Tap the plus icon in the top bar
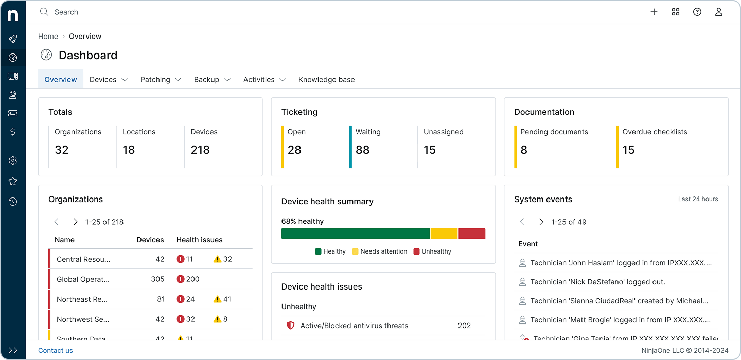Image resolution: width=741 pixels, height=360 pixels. pyautogui.click(x=654, y=12)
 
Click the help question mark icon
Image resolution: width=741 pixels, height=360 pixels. pyautogui.click(x=697, y=12)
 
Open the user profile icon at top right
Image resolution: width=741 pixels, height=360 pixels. pyautogui.click(x=719, y=12)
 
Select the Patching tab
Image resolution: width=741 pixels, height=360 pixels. pyautogui.click(x=161, y=79)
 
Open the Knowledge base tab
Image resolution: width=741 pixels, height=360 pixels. pyautogui.click(x=326, y=79)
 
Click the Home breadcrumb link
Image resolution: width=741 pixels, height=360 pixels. pyautogui.click(x=48, y=36)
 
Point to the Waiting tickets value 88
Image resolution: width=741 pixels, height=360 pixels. pyautogui.click(x=362, y=150)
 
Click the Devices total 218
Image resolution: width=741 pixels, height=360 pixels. pyautogui.click(x=200, y=150)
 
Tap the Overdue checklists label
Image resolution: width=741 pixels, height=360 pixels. pyautogui.click(x=655, y=132)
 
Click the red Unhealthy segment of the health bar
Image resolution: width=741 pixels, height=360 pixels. pyautogui.click(x=472, y=233)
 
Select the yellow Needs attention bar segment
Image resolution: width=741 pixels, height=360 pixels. pyautogui.click(x=444, y=233)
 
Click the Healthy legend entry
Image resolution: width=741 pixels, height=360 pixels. pyautogui.click(x=330, y=251)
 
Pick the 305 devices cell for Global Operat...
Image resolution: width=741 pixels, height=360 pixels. pyautogui.click(x=157, y=279)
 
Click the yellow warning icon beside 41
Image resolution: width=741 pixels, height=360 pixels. pyautogui.click(x=217, y=299)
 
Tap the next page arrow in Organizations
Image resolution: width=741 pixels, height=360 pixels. pyautogui.click(x=75, y=222)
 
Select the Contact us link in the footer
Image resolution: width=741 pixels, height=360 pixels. pyautogui.click(x=56, y=350)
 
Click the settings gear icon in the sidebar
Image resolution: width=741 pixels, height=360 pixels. pyautogui.click(x=13, y=160)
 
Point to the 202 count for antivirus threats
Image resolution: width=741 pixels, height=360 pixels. pyautogui.click(x=464, y=326)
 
